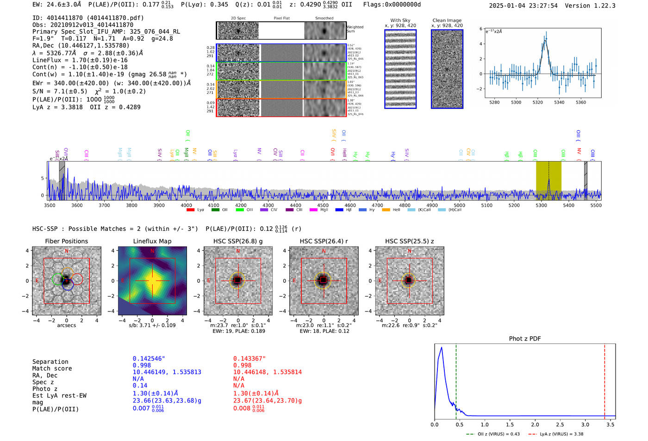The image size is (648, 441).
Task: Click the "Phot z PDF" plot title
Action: click(x=525, y=339)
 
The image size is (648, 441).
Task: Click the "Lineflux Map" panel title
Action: click(x=152, y=241)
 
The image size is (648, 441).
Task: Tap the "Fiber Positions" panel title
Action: click(x=67, y=241)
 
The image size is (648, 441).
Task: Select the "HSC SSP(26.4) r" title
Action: click(x=324, y=241)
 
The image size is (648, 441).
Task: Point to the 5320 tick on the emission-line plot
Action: click(x=537, y=102)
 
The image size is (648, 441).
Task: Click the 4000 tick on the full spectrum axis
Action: click(x=186, y=205)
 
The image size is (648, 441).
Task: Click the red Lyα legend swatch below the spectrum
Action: click(x=190, y=210)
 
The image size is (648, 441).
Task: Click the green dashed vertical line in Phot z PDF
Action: click(x=456, y=379)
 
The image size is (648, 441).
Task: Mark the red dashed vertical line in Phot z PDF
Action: click(x=604, y=379)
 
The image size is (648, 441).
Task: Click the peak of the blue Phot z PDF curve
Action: click(x=442, y=348)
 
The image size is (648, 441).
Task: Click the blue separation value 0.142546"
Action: click(x=149, y=359)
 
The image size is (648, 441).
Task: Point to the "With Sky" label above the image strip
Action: click(x=400, y=20)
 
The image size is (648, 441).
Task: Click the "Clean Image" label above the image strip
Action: click(x=447, y=20)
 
